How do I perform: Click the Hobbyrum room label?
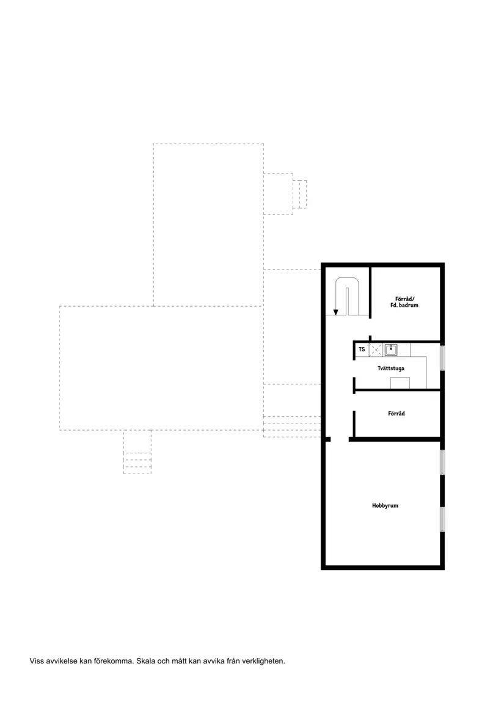coord(385,506)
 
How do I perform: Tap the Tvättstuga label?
coord(391,368)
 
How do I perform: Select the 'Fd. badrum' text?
coord(404,305)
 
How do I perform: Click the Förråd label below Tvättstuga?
coord(396,414)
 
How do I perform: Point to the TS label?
coord(362,349)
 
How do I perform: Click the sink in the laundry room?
coord(391,349)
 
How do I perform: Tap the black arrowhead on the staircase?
coord(336,312)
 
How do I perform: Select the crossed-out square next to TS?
coord(376,349)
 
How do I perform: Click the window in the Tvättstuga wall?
coord(442,358)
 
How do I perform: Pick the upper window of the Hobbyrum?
coord(442,463)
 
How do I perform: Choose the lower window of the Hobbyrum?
coord(442,519)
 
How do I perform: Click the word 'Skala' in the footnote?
coord(145,661)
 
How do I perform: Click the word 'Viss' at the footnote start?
coord(37,661)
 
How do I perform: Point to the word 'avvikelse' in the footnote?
coord(62,661)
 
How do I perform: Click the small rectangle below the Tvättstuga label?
coord(400,383)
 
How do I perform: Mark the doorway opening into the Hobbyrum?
coord(340,439)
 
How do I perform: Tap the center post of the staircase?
coord(348,301)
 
